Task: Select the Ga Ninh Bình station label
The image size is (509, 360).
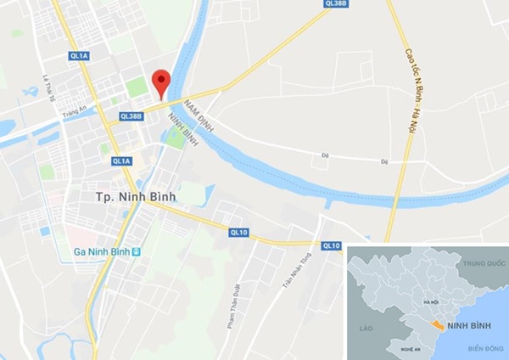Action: click(98, 252)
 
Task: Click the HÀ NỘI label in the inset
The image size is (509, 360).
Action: click(421, 302)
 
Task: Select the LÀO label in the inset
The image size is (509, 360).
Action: click(366, 327)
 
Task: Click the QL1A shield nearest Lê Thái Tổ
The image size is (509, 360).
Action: click(79, 56)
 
